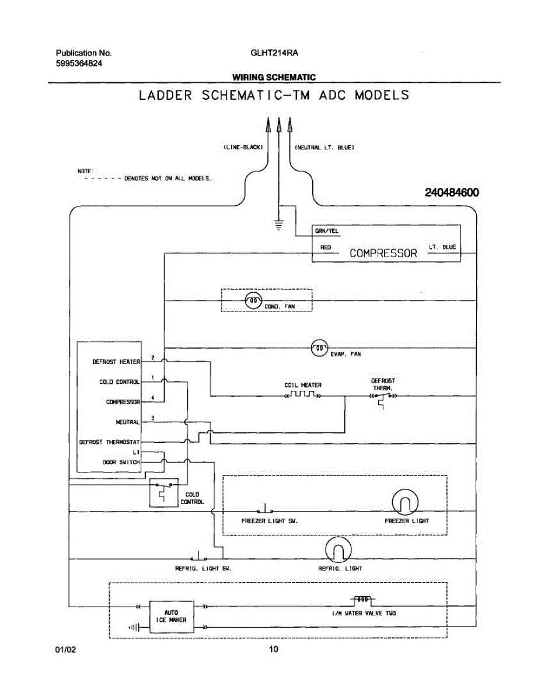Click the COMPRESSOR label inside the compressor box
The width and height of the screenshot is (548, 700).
click(383, 253)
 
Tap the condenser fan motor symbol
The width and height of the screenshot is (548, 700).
click(253, 301)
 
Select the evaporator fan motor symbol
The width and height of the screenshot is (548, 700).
click(320, 348)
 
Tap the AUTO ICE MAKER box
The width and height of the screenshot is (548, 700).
click(171, 616)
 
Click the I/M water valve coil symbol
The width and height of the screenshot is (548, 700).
click(362, 599)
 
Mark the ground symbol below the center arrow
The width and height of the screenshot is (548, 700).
click(278, 223)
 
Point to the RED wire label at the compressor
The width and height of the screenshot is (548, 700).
click(326, 247)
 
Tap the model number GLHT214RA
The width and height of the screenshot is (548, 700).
click(274, 52)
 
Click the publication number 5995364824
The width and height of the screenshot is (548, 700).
click(79, 63)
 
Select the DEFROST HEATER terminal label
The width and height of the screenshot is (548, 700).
click(116, 362)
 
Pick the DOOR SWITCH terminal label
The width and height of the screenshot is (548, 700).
click(121, 461)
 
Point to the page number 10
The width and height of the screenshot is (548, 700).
click(274, 649)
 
